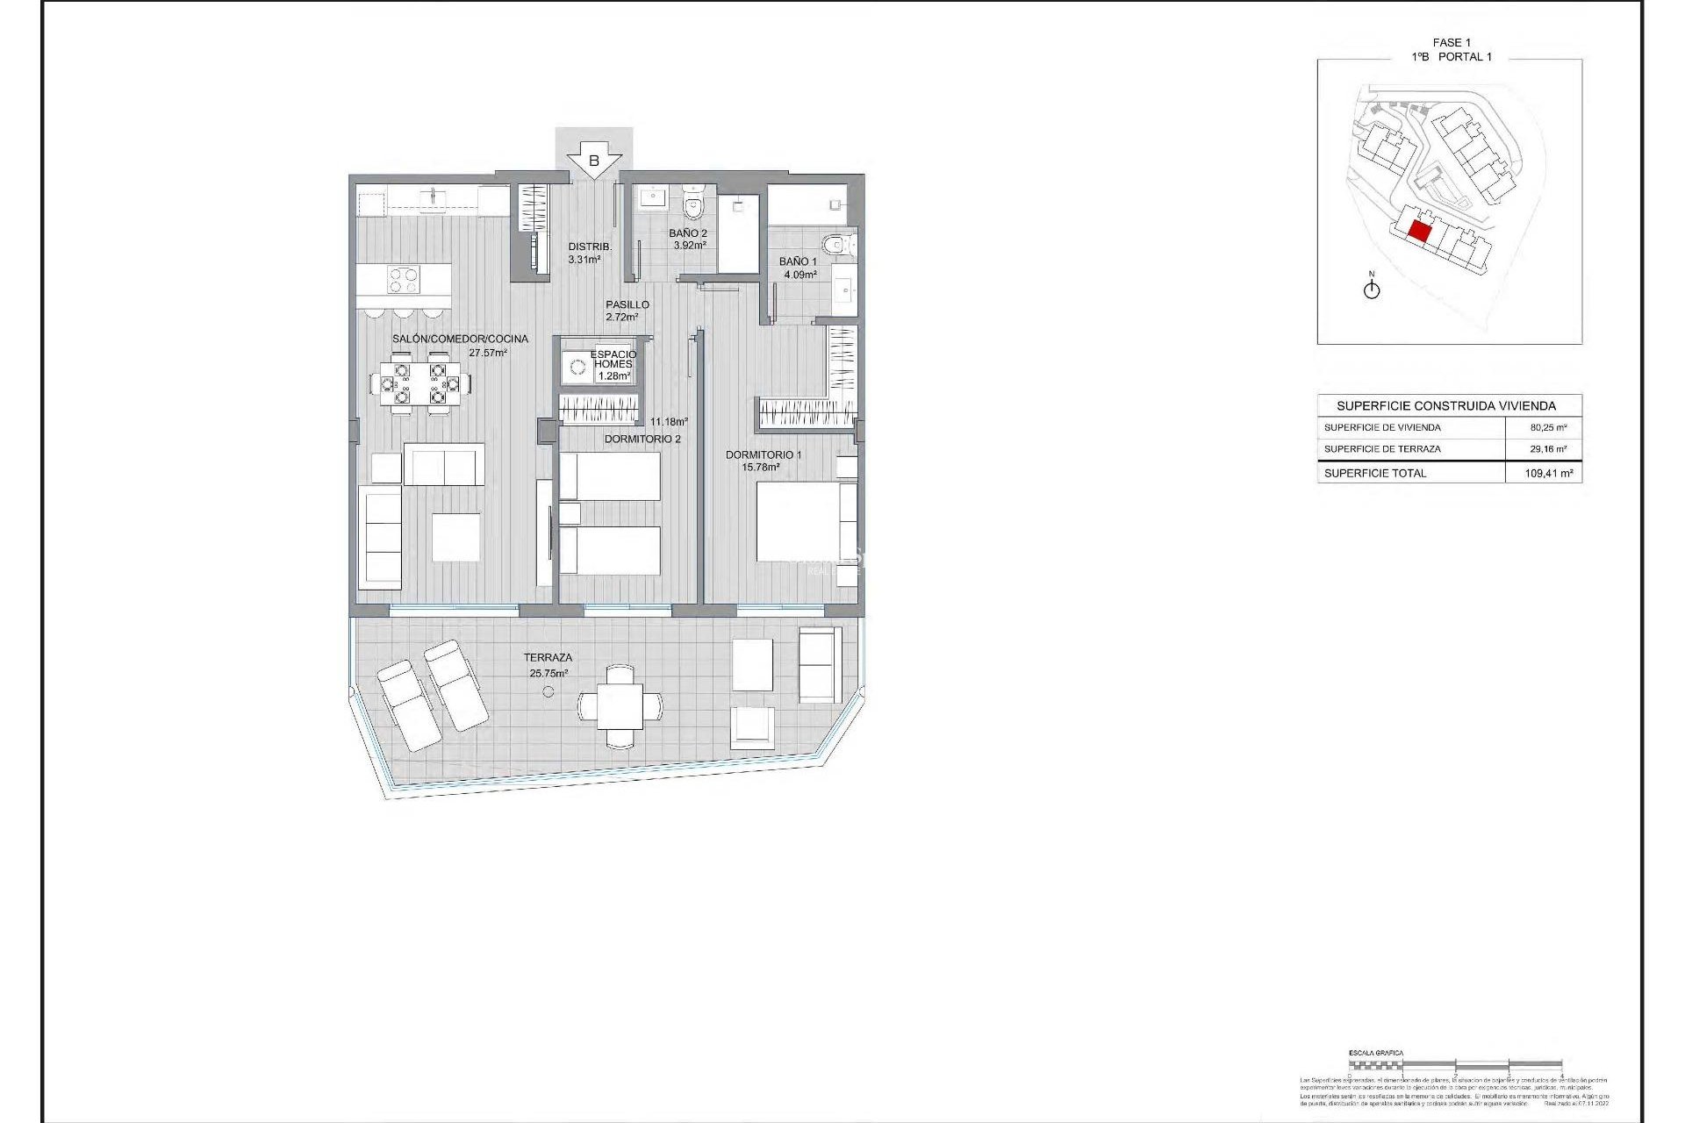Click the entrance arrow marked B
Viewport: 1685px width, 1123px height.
click(594, 161)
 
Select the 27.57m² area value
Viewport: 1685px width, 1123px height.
click(488, 353)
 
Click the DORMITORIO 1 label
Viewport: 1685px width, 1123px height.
click(763, 454)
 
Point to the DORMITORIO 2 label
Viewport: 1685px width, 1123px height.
click(642, 439)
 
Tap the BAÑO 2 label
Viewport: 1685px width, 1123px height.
click(687, 233)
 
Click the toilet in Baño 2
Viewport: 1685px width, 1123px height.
click(694, 205)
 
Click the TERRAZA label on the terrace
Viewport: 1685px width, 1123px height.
click(548, 657)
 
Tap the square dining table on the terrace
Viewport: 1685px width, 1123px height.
click(620, 705)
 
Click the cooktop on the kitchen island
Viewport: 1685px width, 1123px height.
click(404, 280)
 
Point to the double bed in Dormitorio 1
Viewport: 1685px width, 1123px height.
click(799, 521)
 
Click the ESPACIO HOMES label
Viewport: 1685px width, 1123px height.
click(613, 359)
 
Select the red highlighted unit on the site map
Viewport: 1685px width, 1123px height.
click(1419, 232)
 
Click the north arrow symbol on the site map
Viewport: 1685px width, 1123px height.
click(1372, 289)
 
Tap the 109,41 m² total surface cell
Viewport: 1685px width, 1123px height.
click(1548, 473)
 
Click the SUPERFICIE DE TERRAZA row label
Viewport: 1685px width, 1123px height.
click(1382, 448)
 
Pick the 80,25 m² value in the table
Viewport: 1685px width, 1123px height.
click(1548, 427)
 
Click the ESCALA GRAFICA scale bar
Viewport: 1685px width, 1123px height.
click(1455, 1065)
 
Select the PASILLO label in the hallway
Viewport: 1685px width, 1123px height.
click(627, 304)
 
